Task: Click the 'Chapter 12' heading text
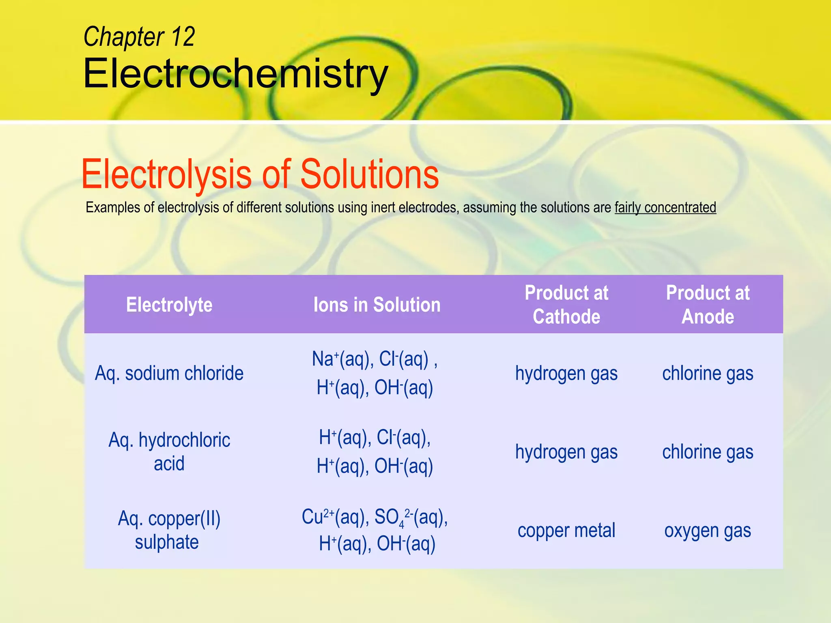pos(139,37)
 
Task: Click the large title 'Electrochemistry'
pos(235,74)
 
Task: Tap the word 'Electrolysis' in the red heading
pos(167,174)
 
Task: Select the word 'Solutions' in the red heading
pos(369,174)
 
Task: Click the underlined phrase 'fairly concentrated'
pos(665,208)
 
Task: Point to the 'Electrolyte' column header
pos(169,305)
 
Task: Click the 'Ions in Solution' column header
pos(377,305)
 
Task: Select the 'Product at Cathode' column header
pos(566,305)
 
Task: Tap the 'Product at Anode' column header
pos(708,305)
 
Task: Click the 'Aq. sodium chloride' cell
pos(169,373)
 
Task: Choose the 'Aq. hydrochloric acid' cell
pos(169,451)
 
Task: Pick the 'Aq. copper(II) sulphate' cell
pos(169,530)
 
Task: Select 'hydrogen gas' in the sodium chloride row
pos(566,373)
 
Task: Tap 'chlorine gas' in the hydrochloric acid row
pos(708,452)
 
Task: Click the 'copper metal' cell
pos(566,531)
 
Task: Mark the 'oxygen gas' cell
pos(708,531)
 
